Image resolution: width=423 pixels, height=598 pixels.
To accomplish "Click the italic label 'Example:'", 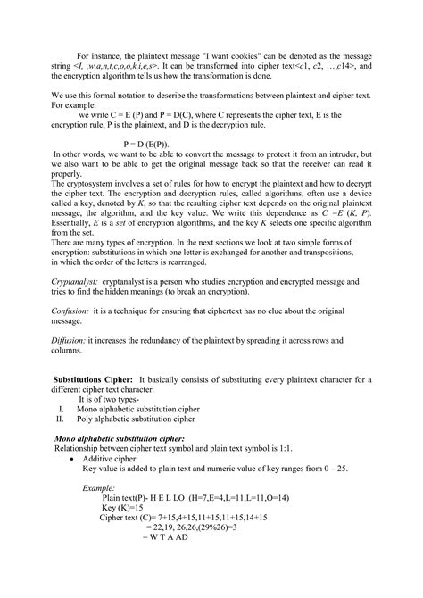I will pos(98,489).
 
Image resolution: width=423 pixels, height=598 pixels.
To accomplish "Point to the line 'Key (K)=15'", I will pos(124,507).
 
